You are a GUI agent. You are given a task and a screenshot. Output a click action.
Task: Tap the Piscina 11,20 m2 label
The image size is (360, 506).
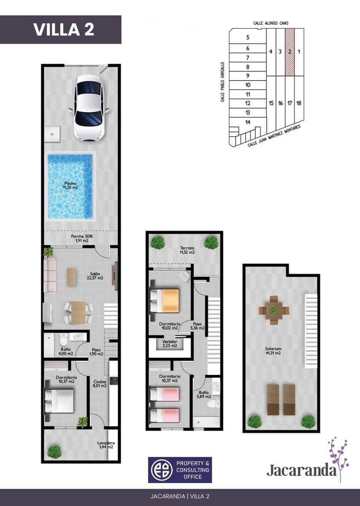[71, 186]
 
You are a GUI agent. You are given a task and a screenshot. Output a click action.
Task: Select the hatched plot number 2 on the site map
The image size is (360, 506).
[290, 52]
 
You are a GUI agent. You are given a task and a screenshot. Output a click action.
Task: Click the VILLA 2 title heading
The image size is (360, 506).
[63, 30]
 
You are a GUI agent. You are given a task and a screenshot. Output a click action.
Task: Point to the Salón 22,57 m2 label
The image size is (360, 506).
[95, 276]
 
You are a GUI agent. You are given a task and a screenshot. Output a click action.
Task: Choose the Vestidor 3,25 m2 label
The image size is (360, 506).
[170, 343]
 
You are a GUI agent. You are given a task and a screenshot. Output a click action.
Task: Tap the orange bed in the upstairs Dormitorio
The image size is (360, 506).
[165, 300]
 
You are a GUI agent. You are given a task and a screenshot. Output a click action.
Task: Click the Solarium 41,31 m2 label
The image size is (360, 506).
[273, 351]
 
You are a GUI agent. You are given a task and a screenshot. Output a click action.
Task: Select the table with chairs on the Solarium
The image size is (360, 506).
[274, 311]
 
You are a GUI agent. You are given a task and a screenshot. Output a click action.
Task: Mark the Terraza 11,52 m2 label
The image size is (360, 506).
[186, 250]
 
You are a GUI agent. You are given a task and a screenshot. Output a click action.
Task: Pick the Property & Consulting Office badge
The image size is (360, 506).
[180, 470]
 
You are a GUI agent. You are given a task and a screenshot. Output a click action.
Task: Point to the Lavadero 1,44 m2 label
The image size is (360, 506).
[106, 445]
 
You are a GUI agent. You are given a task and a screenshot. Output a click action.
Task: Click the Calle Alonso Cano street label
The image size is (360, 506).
[271, 23]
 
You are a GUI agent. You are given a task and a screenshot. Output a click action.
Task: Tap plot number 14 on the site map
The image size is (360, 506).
[248, 122]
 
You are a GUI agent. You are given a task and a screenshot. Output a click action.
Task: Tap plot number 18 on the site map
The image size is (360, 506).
[299, 103]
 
